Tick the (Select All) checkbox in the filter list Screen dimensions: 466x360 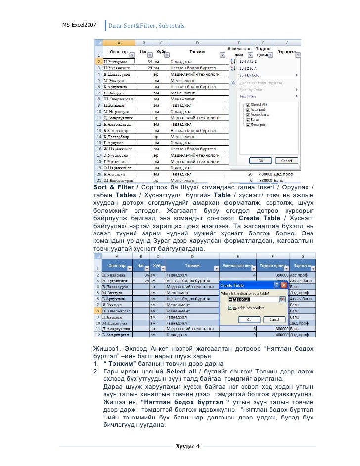[241, 105]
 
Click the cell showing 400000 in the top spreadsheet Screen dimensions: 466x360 [268, 174]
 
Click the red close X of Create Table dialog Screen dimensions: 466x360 [284, 285]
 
